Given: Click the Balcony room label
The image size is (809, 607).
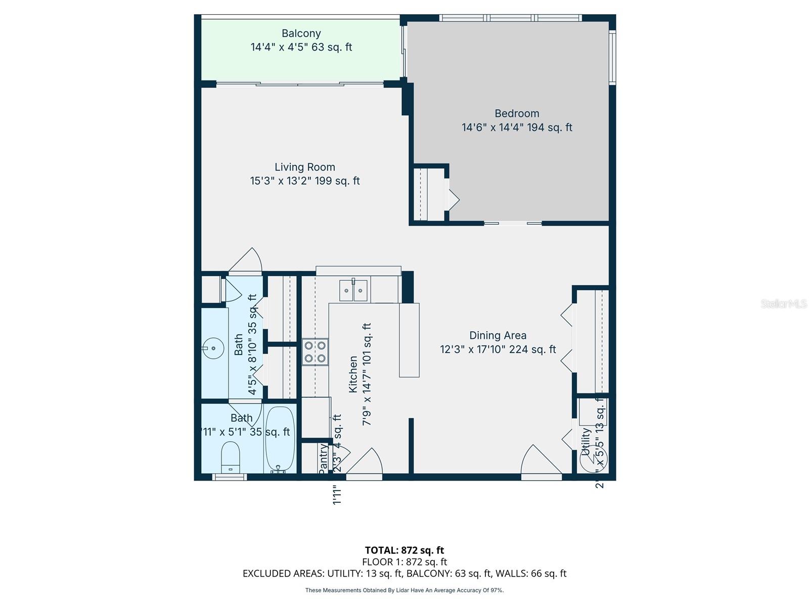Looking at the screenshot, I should point(301,33).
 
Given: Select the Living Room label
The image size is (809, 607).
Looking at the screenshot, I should point(305,167).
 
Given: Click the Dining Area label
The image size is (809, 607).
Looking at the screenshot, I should point(498,335).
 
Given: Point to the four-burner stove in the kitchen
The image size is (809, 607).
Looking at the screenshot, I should point(314,352).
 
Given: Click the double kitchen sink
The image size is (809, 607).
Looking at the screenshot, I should point(353,290).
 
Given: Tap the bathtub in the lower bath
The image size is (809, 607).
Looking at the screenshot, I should point(280,439).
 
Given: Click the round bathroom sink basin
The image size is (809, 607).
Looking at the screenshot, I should point(213,349).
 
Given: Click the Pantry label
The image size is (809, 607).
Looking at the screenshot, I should point(323,458).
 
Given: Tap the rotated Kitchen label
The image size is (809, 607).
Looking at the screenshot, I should point(353,374).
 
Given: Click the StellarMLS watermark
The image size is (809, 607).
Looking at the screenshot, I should point(784,303).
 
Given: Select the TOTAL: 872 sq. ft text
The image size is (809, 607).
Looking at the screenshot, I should point(404,550).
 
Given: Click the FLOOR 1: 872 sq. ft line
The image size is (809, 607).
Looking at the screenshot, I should point(404,562).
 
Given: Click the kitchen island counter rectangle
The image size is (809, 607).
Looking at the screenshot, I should point(409,340).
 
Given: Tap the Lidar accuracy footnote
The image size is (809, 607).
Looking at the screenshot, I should point(404,590).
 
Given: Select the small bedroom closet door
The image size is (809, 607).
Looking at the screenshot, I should point(453,199).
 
